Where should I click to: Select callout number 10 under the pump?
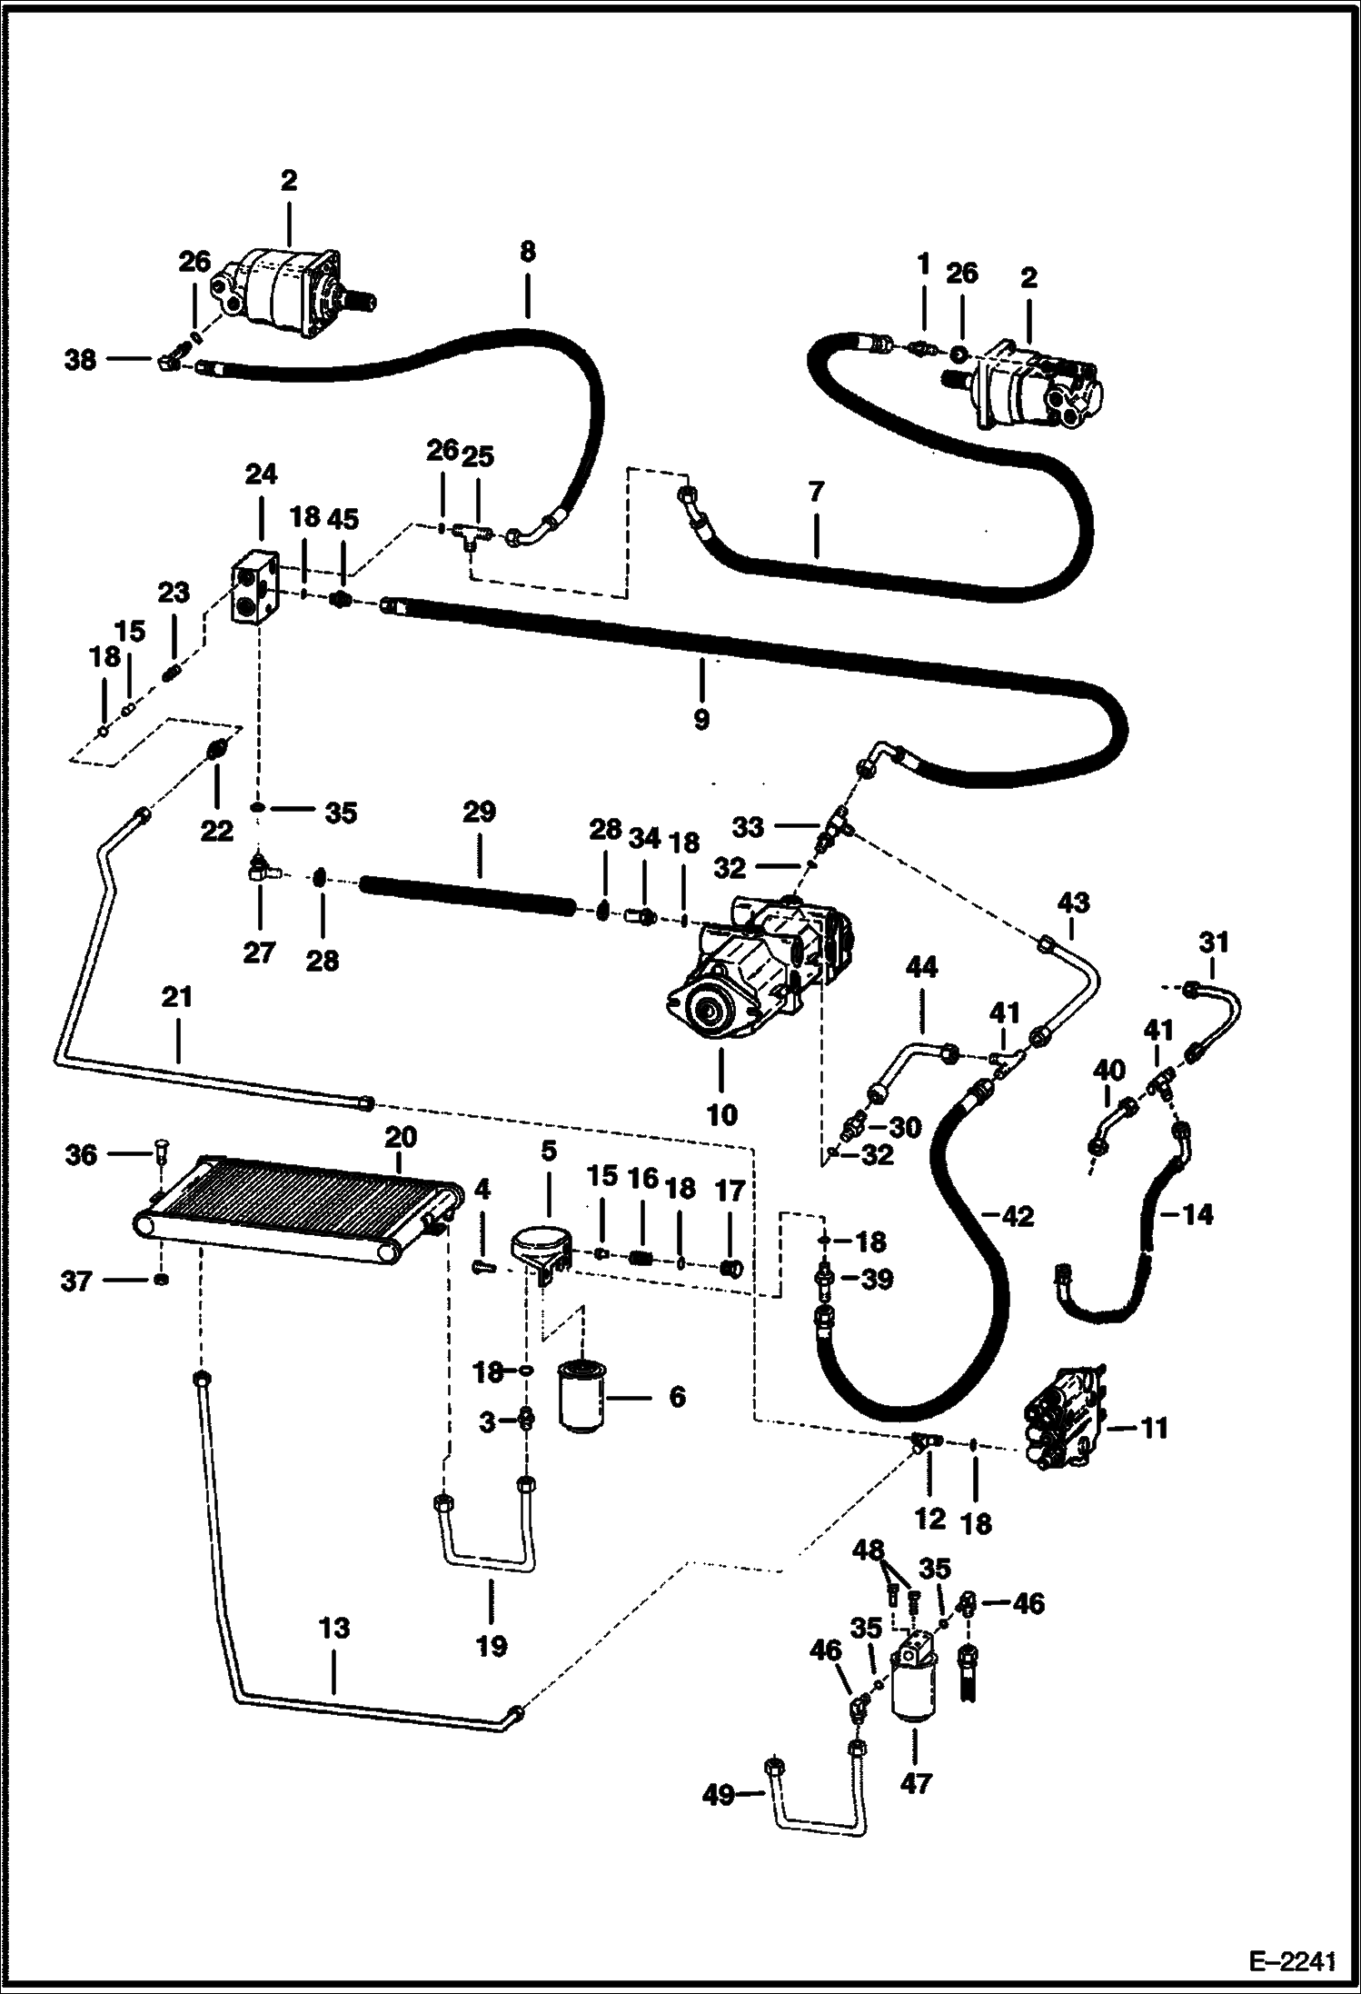pos(721,1113)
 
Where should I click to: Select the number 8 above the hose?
pos(528,252)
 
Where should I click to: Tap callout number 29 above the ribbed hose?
pos(479,812)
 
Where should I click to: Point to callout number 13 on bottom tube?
pos(333,1628)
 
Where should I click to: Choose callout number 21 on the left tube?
pos(177,998)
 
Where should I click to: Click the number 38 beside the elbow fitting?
pos(80,361)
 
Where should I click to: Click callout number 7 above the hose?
pos(816,492)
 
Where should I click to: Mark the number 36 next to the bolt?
pos(81,1154)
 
